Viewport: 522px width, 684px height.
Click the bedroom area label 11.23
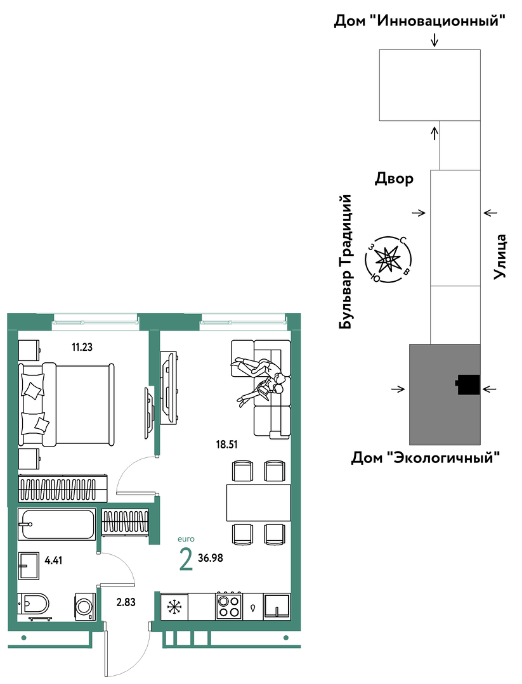coord(82,347)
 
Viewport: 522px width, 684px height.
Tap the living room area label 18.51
coord(226,445)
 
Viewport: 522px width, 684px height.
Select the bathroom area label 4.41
coord(53,560)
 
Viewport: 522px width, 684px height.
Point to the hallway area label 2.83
coord(126,602)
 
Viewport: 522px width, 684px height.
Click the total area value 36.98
coord(211,558)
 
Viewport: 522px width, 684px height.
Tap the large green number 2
coord(186,560)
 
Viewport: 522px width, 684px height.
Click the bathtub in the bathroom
coord(57,524)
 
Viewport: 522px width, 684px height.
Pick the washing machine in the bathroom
coord(85,605)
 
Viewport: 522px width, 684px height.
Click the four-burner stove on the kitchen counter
coord(230,606)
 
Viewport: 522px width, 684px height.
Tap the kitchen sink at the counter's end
coord(277,606)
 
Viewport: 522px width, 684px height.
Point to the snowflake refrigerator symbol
coord(174,606)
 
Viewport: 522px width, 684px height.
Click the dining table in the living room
coord(259,502)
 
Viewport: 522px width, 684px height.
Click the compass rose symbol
coord(389,260)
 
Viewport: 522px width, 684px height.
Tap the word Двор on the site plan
coord(394,179)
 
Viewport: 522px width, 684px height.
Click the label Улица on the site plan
coord(500,257)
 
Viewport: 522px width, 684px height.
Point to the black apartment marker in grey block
coord(468,385)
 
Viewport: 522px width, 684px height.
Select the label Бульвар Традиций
coord(346,262)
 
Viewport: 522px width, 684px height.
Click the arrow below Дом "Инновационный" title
coord(434,40)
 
